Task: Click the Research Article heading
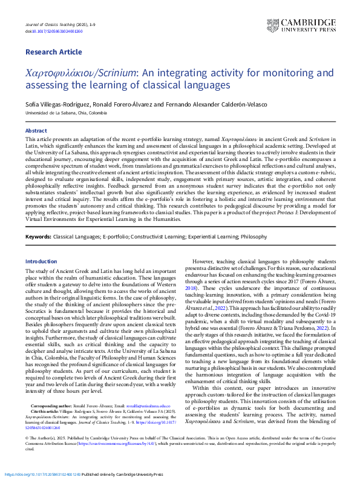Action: click(x=53, y=53)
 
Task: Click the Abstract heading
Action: click(x=36, y=131)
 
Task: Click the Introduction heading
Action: click(x=41, y=261)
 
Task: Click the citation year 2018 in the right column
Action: click(x=190, y=289)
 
